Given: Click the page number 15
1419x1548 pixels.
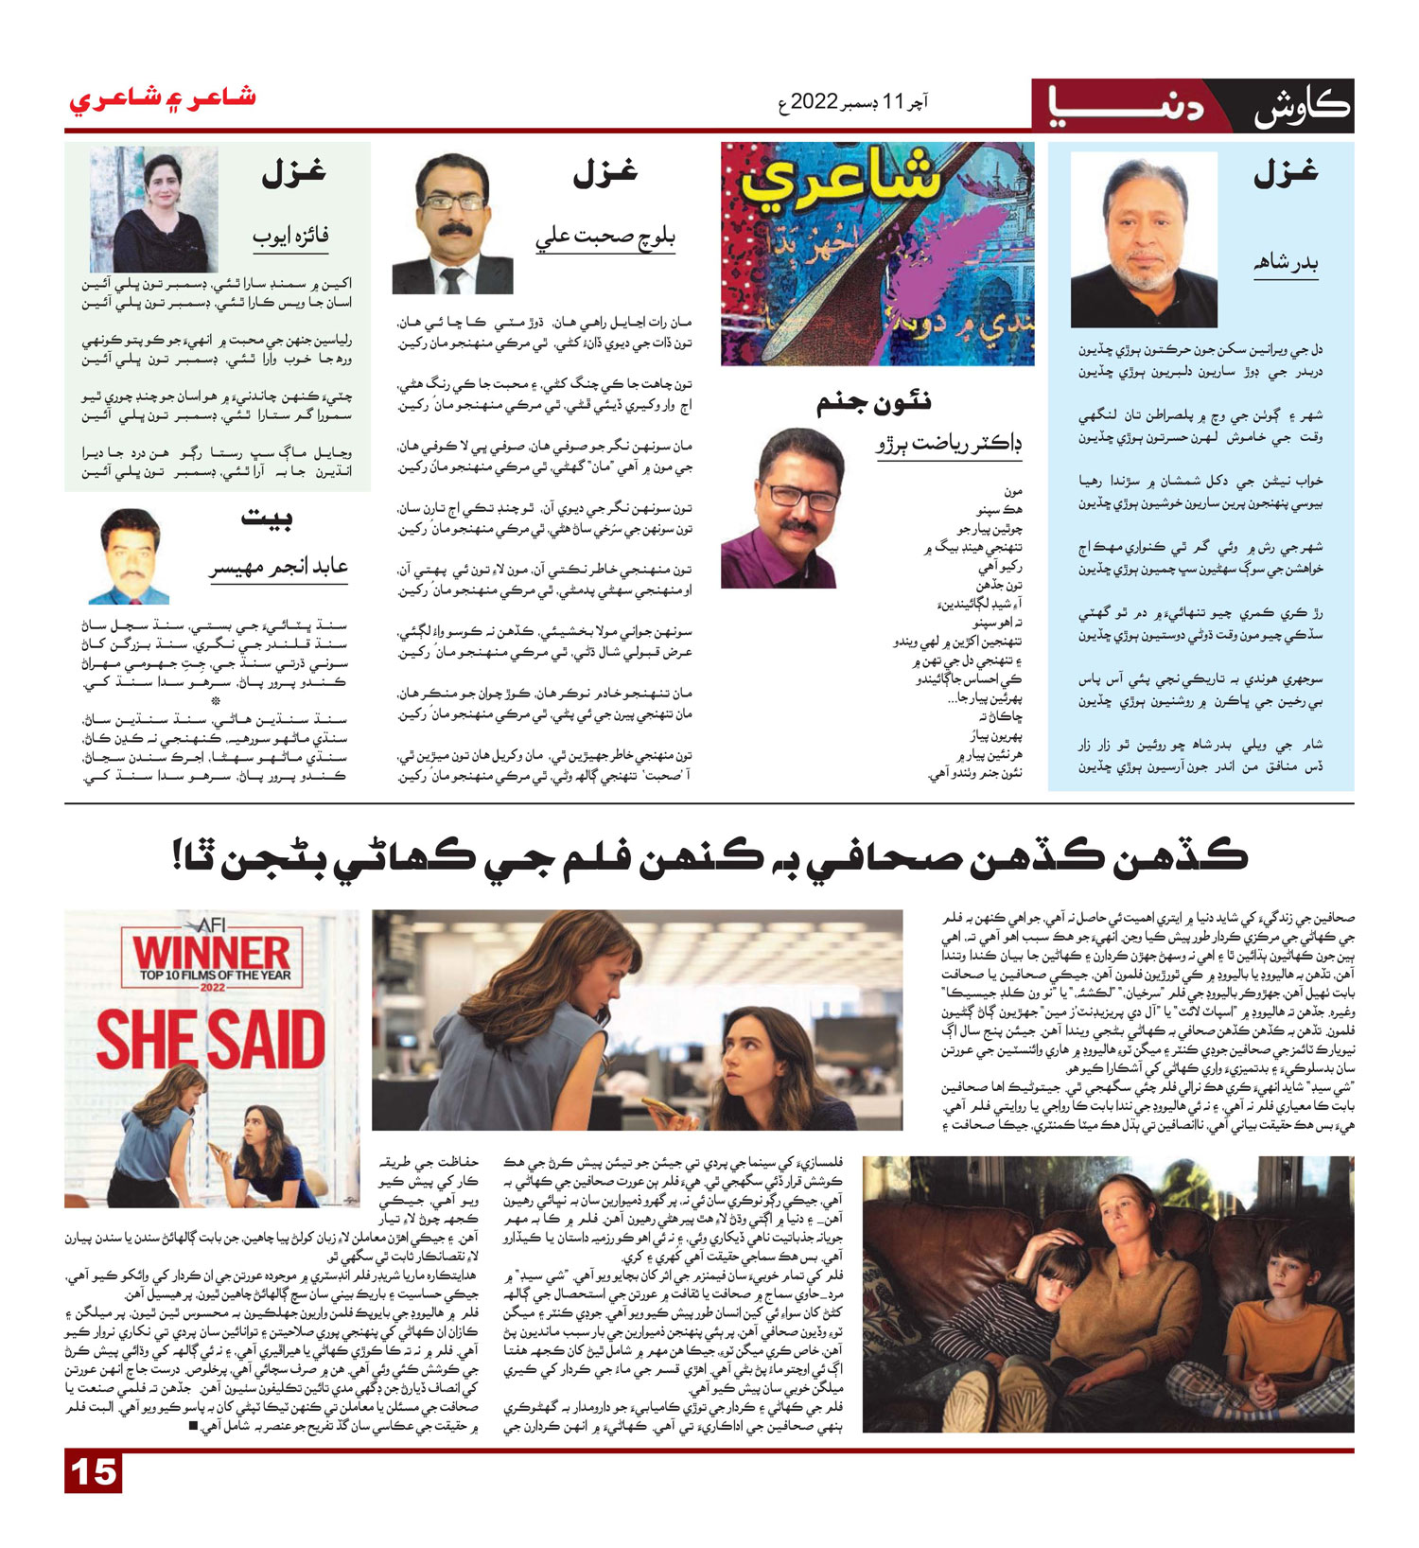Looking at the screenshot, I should pyautogui.click(x=94, y=1472).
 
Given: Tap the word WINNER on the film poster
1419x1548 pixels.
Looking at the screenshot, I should pyautogui.click(x=212, y=953).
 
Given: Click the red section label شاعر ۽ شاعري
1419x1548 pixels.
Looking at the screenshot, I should pyautogui.click(x=162, y=98).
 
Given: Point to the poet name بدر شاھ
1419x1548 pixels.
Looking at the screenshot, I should pyautogui.click(x=1286, y=264).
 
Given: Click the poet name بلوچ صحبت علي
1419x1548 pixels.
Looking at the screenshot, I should pyautogui.click(x=605, y=237).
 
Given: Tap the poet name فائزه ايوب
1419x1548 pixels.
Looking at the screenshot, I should pyautogui.click(x=290, y=235).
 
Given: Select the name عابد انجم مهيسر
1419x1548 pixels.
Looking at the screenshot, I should pyautogui.click(x=279, y=567).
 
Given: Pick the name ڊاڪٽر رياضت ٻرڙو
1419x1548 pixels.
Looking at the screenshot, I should pyautogui.click(x=948, y=445).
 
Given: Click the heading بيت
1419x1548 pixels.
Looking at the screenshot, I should pyautogui.click(x=267, y=517).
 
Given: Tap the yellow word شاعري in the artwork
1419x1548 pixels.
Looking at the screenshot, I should pyautogui.click(x=840, y=184).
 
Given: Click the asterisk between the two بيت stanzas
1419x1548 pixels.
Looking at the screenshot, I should pyautogui.click(x=216, y=701).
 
